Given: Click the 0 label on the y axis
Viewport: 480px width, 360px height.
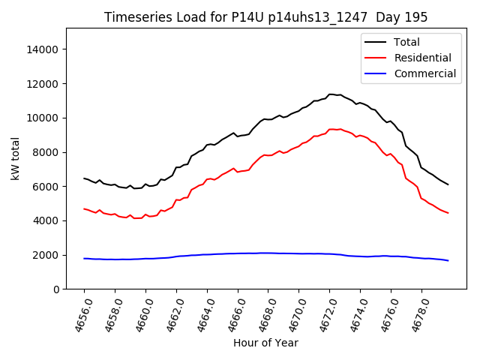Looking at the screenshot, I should (56, 289).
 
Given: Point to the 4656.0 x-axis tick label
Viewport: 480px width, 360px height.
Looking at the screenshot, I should (79, 314).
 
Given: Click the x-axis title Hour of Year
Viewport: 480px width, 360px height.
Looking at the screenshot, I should (265, 343).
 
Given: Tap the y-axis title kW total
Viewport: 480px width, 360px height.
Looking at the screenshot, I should (14, 158).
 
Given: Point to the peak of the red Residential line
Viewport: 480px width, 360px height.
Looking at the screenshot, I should (331, 129).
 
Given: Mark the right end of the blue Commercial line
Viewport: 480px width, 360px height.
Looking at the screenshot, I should (448, 260).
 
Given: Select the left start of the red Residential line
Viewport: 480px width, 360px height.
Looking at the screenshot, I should (84, 208).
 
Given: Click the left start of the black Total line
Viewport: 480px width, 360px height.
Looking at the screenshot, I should (84, 178).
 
